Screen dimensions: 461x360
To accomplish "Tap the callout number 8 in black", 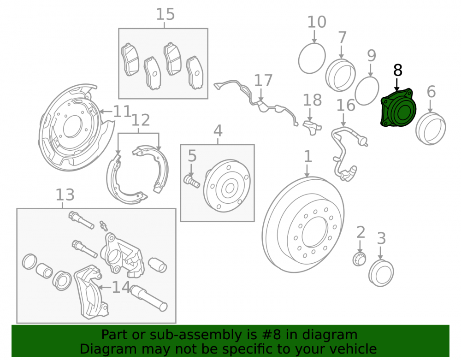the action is coord(397,71).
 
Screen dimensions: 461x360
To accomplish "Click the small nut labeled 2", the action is coord(359,259).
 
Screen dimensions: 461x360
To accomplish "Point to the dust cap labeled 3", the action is coord(381,273).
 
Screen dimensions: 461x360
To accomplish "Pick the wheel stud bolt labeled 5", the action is coord(191,180).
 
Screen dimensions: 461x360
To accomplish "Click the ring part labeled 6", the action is coord(431,129).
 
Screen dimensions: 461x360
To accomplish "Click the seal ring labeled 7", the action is coord(341,75).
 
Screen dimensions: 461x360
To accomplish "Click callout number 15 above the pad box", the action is coord(165,14).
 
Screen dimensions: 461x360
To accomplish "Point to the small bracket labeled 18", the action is coord(312,127).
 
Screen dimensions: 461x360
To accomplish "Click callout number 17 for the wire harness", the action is coord(263,80).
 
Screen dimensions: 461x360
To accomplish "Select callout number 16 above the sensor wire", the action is coord(346,105).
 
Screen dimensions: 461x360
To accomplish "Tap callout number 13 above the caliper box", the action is coord(65,195).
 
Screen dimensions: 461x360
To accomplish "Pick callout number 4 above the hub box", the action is coord(218,131).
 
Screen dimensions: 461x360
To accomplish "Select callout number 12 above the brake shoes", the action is coord(141,120).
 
